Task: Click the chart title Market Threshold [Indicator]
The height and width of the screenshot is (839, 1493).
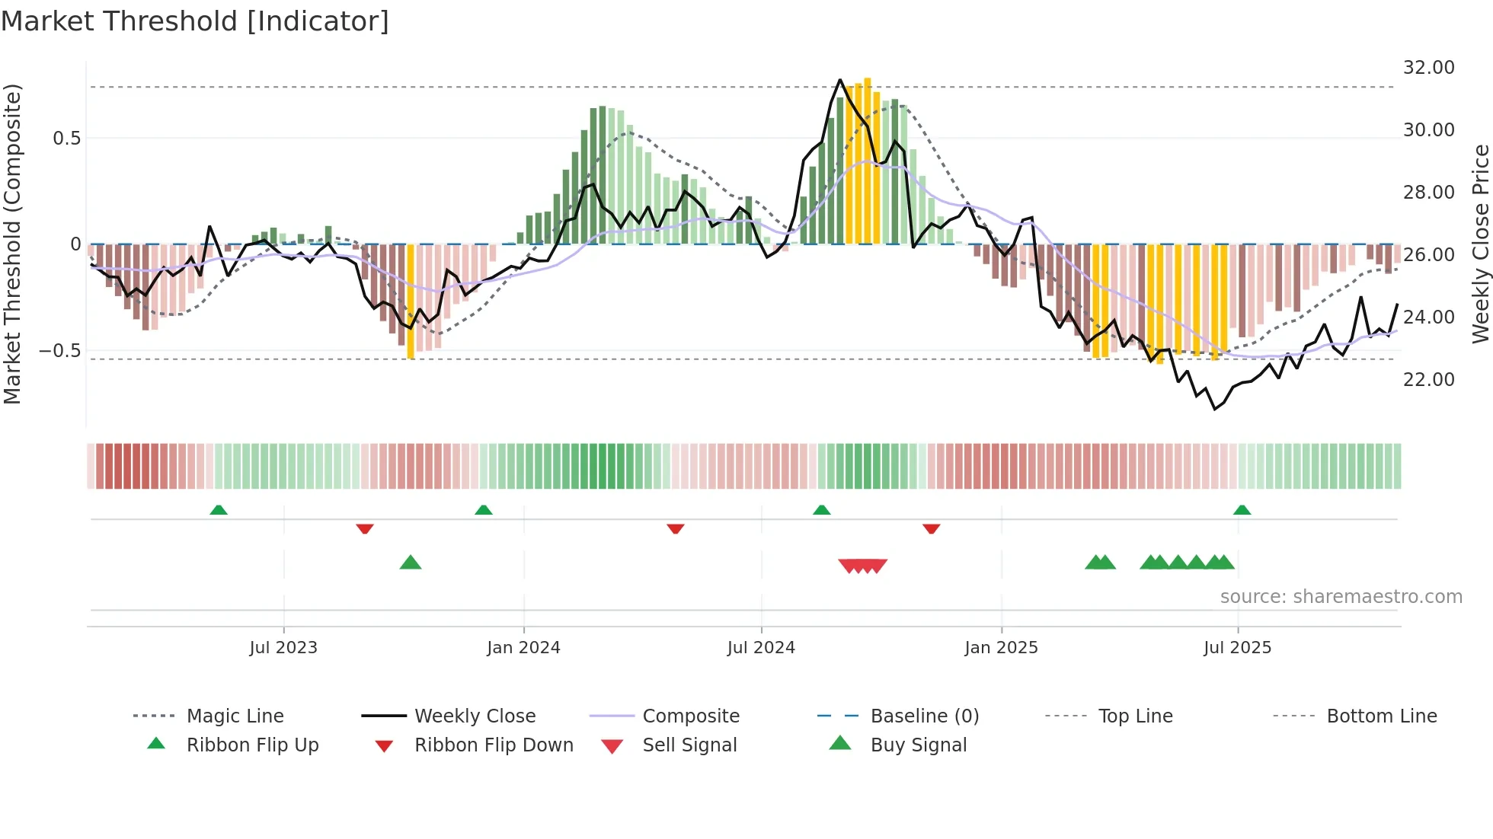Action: click(x=195, y=21)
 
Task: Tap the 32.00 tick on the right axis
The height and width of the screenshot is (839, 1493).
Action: click(x=1428, y=68)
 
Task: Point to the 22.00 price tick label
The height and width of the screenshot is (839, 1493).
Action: click(x=1428, y=379)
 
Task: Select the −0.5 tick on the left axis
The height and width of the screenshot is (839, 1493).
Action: click(x=60, y=351)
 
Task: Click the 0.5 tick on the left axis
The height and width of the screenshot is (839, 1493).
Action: click(x=66, y=139)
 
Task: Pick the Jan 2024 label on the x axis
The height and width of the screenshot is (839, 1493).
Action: click(x=523, y=648)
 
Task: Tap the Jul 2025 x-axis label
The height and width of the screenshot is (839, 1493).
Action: click(x=1237, y=648)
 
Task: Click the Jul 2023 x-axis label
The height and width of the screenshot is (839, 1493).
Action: click(x=283, y=648)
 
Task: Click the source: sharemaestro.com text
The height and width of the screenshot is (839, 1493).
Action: click(x=1341, y=597)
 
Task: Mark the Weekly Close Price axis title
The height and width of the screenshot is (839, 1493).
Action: click(x=1480, y=244)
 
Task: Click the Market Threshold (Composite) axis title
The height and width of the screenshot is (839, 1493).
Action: click(x=12, y=244)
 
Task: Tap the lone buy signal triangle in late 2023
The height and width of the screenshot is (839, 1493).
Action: click(x=411, y=563)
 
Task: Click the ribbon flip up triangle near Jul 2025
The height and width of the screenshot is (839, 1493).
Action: click(x=1242, y=510)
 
